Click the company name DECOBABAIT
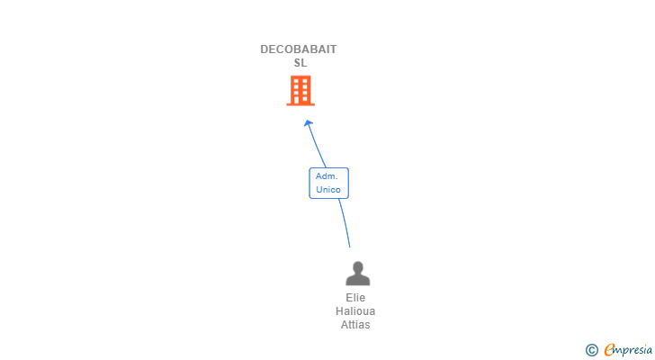(299, 49)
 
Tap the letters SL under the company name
(301, 63)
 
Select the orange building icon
(301, 90)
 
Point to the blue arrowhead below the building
(309, 123)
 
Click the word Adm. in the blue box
(327, 175)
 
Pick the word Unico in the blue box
(328, 190)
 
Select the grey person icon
(357, 274)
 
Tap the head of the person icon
(357, 267)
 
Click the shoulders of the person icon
(357, 280)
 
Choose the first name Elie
(355, 298)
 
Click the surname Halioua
(355, 311)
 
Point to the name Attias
(355, 325)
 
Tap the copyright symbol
(592, 350)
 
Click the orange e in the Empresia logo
(610, 349)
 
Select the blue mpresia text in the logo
(633, 350)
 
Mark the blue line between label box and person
(344, 222)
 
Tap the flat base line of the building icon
(301, 104)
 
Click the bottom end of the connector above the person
(349, 246)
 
